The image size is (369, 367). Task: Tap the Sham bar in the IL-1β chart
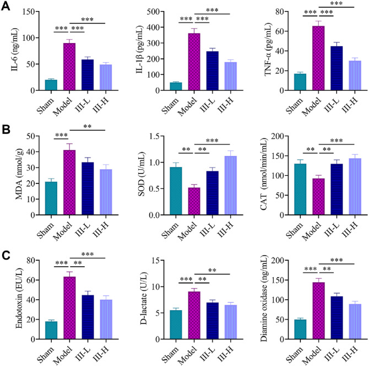click(x=176, y=87)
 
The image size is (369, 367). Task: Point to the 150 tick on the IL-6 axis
click(x=35, y=12)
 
